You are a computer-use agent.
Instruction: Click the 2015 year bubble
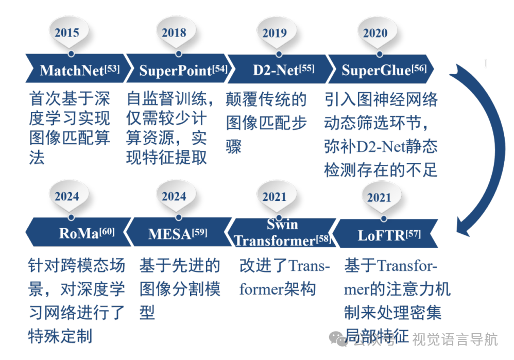67,33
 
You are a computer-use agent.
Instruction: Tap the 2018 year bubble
174,33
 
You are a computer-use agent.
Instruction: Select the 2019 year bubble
275,33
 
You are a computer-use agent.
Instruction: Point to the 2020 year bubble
375,33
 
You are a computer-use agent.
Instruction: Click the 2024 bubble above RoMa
67,196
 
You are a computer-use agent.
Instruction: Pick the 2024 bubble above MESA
174,196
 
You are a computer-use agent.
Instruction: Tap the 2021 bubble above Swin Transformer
275,197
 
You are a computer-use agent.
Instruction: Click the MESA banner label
169,234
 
